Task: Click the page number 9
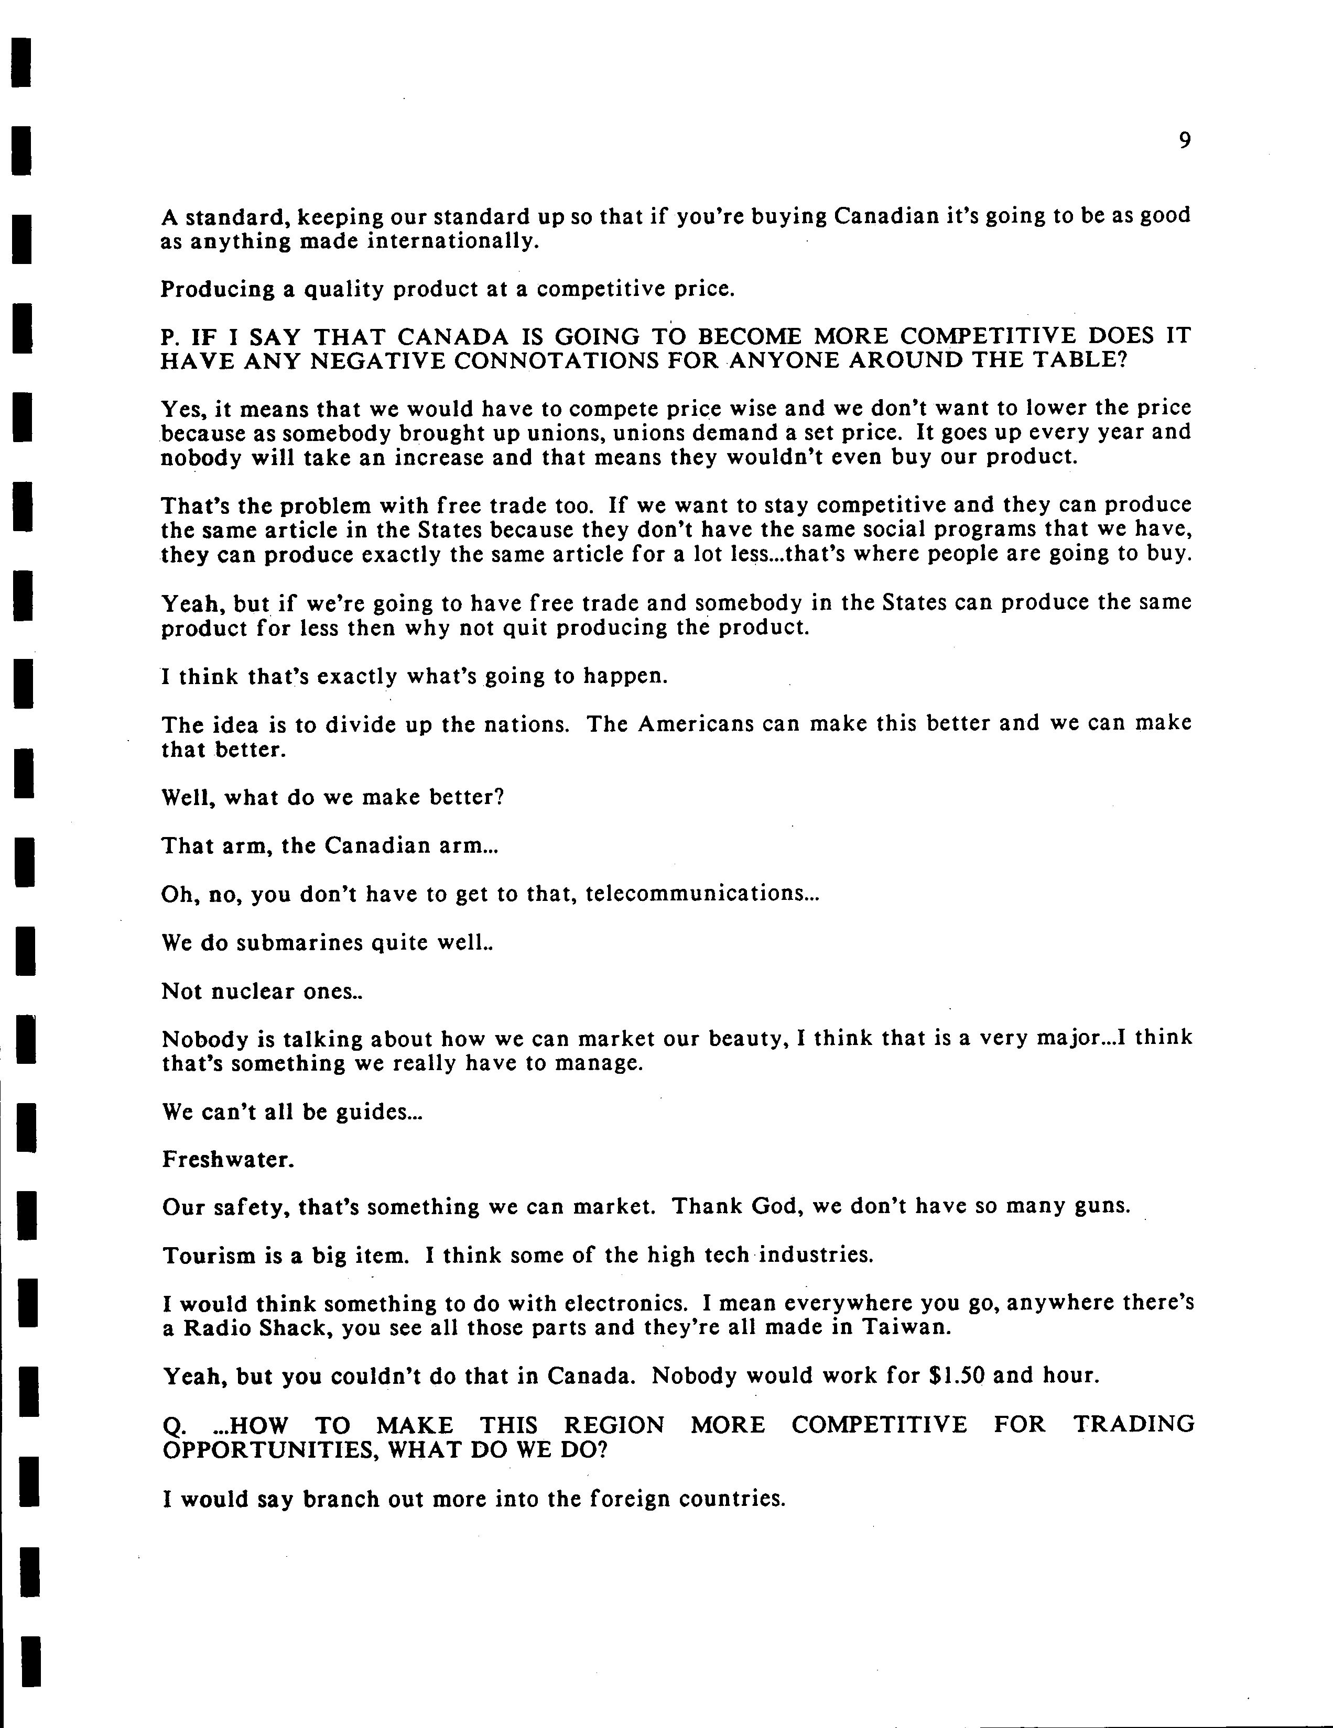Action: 1184,141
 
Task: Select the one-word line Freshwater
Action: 228,1160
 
